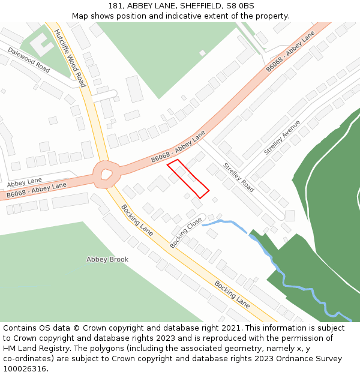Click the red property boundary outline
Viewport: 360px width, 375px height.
pos(188,179)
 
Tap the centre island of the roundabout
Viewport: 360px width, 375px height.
pos(106,175)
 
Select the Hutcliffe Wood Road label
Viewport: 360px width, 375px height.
pos(71,58)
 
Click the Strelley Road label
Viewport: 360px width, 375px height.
pos(239,177)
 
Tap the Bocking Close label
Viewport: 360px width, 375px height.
pos(186,233)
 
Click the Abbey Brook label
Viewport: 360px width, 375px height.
pos(107,259)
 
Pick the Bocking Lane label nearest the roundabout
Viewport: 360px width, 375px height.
pos(137,220)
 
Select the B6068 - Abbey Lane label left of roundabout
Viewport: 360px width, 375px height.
pos(37,190)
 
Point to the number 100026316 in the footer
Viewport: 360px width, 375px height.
pos(25,369)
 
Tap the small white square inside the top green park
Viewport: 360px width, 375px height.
pos(203,53)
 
